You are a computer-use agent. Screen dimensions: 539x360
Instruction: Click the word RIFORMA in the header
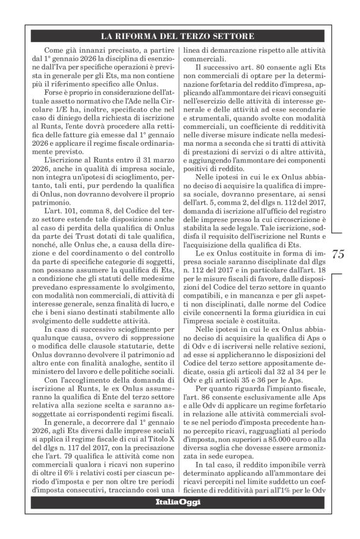tap(148, 35)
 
